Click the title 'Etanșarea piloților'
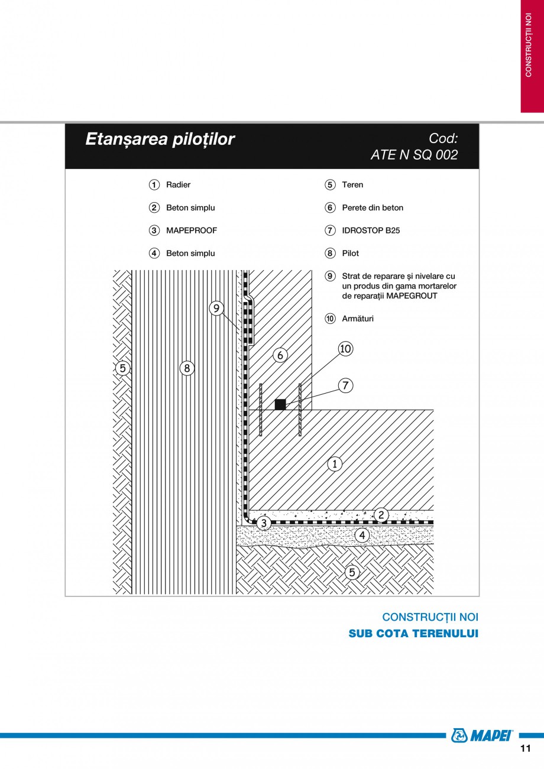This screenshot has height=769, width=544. (160, 139)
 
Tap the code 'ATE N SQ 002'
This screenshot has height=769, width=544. (414, 155)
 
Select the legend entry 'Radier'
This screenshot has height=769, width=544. (178, 185)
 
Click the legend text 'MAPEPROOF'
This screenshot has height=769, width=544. (192, 231)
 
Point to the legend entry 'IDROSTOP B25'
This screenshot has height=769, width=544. (371, 231)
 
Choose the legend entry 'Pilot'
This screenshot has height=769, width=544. (350, 254)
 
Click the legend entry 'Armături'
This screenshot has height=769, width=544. (357, 319)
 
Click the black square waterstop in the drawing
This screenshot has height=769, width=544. (280, 404)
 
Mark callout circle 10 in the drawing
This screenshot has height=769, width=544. (345, 349)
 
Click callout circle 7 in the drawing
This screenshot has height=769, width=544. (345, 386)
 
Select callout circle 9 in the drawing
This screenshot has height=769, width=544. (216, 308)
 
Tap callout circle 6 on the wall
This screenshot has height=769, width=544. (280, 355)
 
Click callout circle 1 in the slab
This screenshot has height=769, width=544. (335, 464)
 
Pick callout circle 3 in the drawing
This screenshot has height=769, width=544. (264, 523)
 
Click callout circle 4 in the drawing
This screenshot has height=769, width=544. (362, 536)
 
